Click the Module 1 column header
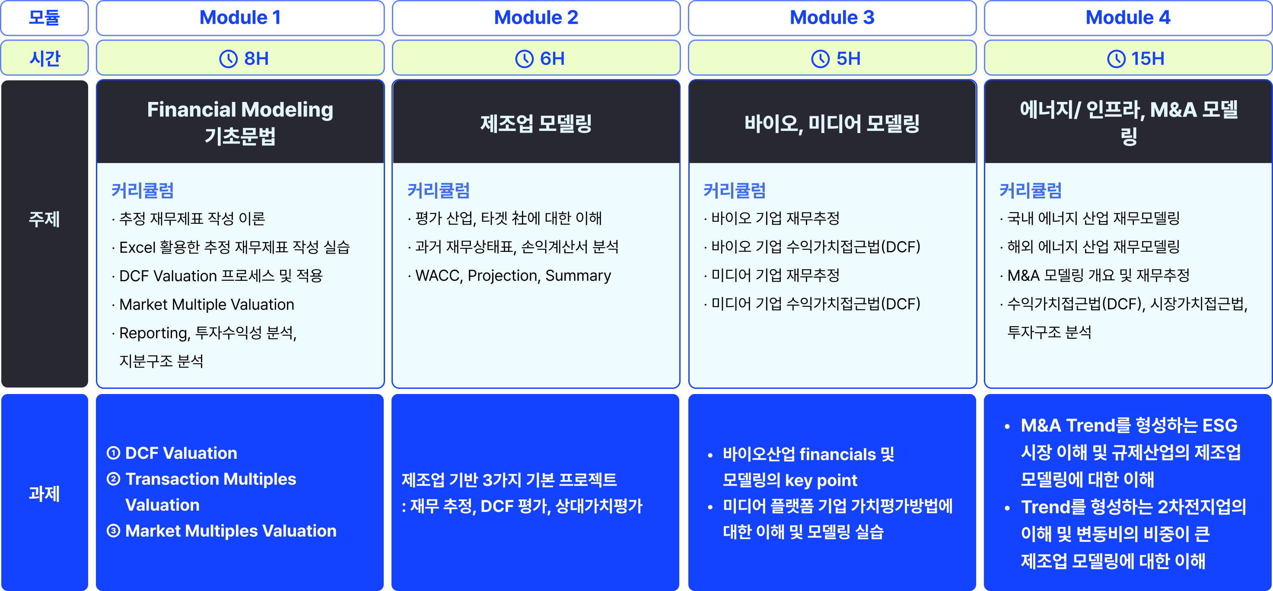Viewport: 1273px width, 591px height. click(x=240, y=18)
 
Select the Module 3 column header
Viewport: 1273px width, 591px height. click(x=832, y=18)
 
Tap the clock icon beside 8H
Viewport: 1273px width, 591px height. click(x=228, y=59)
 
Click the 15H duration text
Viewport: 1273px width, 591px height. click(x=1148, y=59)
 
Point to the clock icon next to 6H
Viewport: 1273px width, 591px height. click(x=524, y=59)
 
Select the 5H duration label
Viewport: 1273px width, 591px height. click(x=848, y=59)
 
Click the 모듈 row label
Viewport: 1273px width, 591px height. click(x=45, y=18)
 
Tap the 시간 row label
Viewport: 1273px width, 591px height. click(x=45, y=59)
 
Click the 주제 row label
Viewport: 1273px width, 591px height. click(x=45, y=219)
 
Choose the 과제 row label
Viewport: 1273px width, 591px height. click(x=45, y=493)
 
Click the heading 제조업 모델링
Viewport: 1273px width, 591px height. click(x=536, y=123)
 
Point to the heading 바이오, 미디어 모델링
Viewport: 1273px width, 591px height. click(x=832, y=123)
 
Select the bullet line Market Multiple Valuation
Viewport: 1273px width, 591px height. click(x=207, y=305)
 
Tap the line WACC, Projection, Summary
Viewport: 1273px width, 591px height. click(x=513, y=276)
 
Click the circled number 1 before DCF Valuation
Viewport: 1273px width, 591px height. click(x=114, y=453)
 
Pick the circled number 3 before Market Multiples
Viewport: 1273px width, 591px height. click(x=114, y=531)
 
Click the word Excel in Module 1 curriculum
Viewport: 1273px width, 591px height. click(x=137, y=247)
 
